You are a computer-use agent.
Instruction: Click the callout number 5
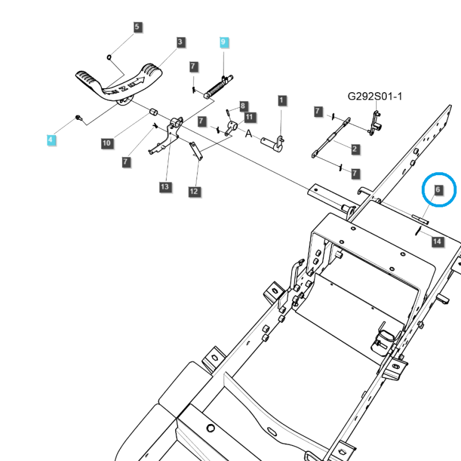pyautogui.click(x=137, y=27)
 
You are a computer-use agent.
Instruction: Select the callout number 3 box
pyautogui.click(x=180, y=41)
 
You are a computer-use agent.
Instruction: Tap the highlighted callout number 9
pyautogui.click(x=224, y=41)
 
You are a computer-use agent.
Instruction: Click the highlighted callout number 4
pyautogui.click(x=51, y=139)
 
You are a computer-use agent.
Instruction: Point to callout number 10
pyautogui.click(x=107, y=143)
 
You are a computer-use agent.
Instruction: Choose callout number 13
pyautogui.click(x=165, y=187)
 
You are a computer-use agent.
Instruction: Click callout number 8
pyautogui.click(x=243, y=106)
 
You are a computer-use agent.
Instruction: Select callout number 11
pyautogui.click(x=248, y=118)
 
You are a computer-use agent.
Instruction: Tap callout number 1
pyautogui.click(x=281, y=100)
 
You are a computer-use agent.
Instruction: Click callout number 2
pyautogui.click(x=354, y=149)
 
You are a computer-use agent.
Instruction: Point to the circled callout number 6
pyautogui.click(x=438, y=189)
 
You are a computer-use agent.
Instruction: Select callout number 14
pyautogui.click(x=437, y=241)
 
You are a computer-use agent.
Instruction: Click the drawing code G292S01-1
pyautogui.click(x=375, y=96)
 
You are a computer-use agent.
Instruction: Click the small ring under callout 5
pyautogui.click(x=109, y=56)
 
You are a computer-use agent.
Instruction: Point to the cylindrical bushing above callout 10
pyautogui.click(x=154, y=111)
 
